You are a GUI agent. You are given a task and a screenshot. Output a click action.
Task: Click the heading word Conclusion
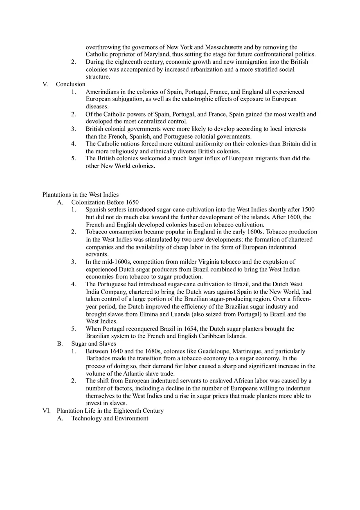coord(70,84)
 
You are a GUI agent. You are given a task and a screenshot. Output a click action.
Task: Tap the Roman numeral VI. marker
coord(47,411)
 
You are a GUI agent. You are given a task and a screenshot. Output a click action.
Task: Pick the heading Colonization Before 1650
coord(105,202)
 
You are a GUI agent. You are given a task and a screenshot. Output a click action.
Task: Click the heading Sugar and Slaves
coord(94,344)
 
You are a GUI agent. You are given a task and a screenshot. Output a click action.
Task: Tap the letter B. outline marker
coord(60,344)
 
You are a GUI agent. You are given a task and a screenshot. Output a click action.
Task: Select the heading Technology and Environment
coord(110,418)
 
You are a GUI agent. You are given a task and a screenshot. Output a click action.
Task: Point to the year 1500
coord(308,209)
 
